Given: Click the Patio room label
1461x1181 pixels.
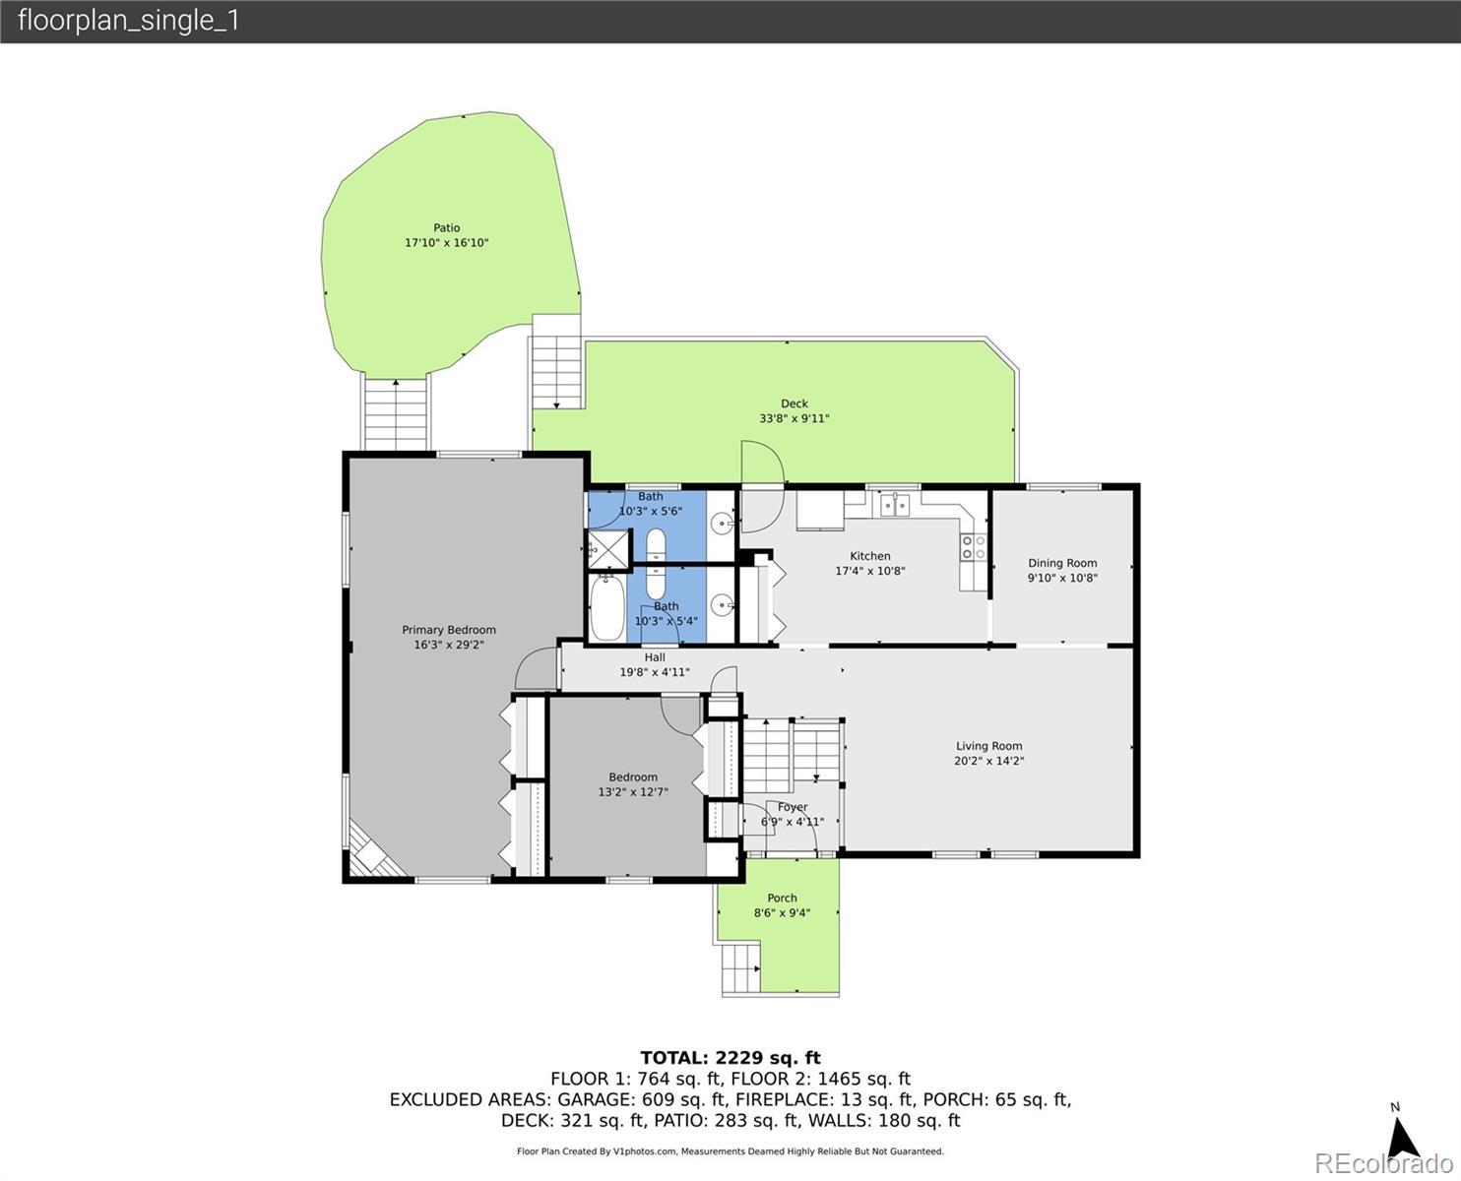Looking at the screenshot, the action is [x=447, y=227].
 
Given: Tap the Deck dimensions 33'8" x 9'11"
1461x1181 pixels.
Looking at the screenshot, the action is [x=794, y=418].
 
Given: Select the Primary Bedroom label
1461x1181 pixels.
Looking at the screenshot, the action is [x=449, y=630].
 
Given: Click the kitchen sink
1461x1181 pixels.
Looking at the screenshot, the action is [x=895, y=505].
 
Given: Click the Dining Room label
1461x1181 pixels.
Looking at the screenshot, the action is [x=1062, y=563].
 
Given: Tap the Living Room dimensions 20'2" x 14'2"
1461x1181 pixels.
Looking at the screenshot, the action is [x=988, y=760].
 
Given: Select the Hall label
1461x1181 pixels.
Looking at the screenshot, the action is [x=655, y=657].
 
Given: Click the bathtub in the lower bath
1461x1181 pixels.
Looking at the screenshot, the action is [x=607, y=607].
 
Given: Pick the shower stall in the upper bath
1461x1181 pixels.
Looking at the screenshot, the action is [x=608, y=549].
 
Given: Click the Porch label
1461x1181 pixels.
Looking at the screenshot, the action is [x=782, y=898].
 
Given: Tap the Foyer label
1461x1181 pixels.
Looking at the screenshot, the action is [x=793, y=807].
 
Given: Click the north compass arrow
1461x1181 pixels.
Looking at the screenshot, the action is [x=1402, y=1138].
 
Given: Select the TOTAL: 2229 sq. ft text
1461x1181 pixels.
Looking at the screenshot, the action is [x=730, y=1058].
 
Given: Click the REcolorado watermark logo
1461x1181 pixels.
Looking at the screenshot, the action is [x=1383, y=1163].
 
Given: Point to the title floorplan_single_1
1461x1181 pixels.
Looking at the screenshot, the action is [x=128, y=21].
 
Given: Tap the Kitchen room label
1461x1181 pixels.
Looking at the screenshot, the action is [x=869, y=556].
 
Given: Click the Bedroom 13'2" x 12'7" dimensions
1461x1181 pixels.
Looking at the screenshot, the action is [x=632, y=791].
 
